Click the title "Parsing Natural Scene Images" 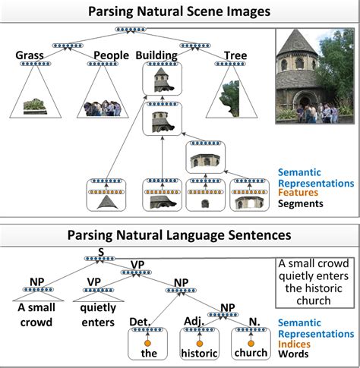[180, 11]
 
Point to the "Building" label [156, 55]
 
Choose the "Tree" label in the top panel [235, 55]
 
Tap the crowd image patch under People [103, 108]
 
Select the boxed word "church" [251, 354]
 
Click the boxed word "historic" [199, 354]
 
